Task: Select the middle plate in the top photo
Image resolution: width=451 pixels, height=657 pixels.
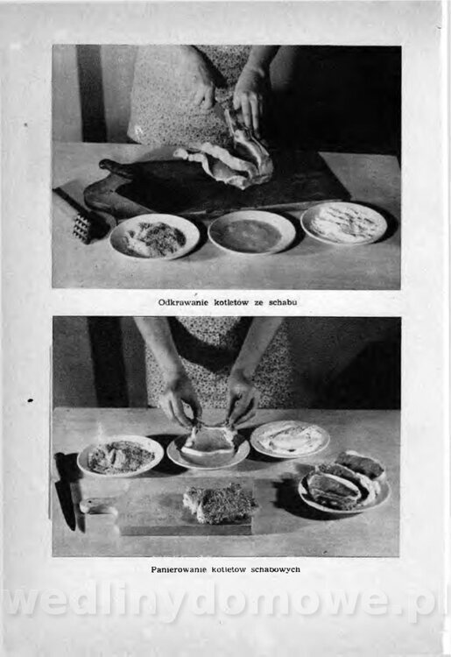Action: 251,232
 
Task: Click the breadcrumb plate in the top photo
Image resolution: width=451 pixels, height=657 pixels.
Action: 154,237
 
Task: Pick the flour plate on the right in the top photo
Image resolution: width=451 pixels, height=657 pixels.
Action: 344,223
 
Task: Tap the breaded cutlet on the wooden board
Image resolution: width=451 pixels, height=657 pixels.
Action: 221,503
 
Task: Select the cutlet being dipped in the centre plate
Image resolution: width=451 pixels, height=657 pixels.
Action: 208,443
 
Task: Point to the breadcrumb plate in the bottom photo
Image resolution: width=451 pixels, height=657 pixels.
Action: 121,456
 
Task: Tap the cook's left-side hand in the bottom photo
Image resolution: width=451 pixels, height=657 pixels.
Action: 180,399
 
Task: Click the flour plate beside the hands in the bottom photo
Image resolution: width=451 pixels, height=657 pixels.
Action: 290,438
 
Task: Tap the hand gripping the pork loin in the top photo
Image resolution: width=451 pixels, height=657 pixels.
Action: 248,102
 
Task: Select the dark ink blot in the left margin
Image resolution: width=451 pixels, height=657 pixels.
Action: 30,400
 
